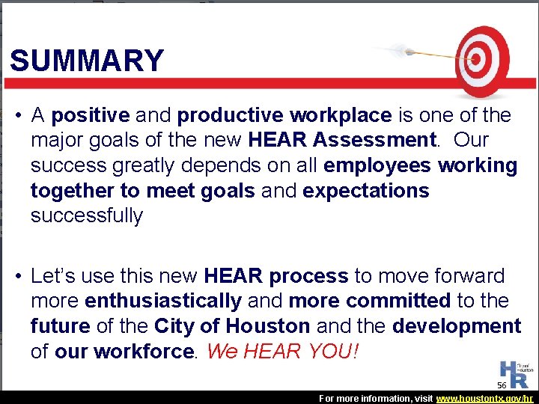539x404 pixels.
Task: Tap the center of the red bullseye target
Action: click(474, 58)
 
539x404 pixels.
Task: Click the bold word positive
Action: click(91, 116)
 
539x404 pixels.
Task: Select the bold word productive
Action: click(231, 116)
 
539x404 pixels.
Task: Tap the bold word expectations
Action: click(366, 191)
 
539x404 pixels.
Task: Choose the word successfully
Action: click(87, 216)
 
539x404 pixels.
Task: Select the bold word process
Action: click(308, 276)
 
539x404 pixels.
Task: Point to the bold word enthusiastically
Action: click(163, 302)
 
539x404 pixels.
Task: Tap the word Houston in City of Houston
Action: click(268, 327)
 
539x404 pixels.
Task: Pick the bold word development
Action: click(457, 327)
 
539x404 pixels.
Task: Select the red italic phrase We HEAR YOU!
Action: click(282, 352)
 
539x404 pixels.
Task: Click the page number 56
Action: click(502, 385)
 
